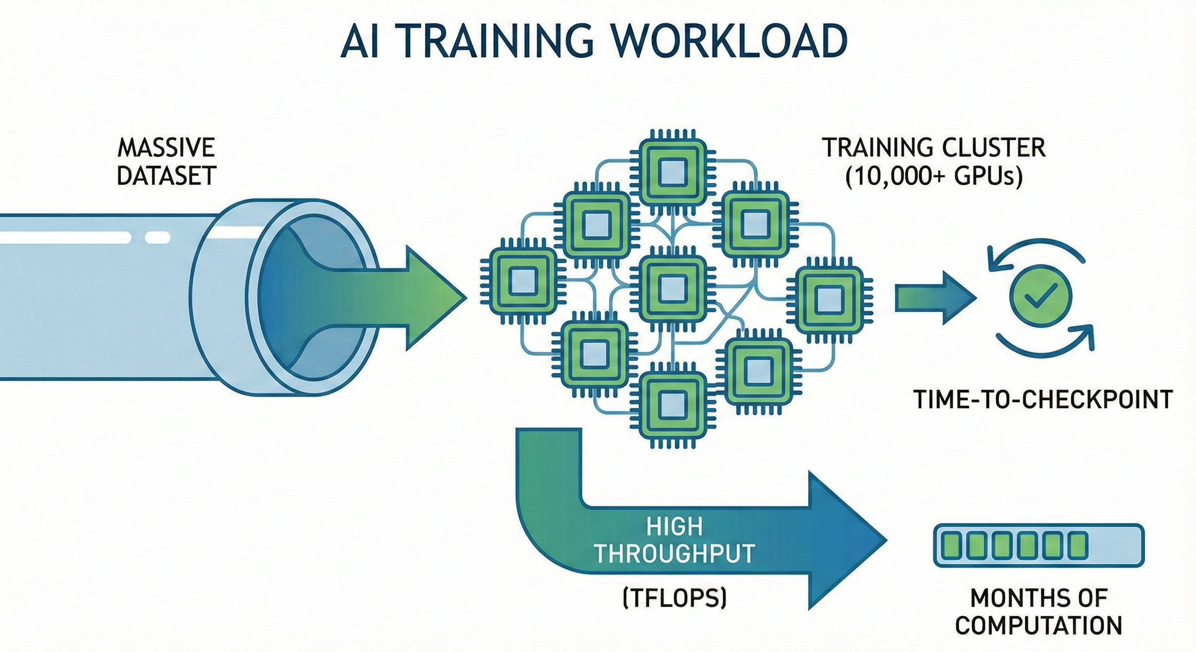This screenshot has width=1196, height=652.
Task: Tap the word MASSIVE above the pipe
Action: (x=166, y=148)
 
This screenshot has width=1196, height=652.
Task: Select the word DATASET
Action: (x=166, y=175)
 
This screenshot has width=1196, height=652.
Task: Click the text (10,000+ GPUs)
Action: (x=934, y=177)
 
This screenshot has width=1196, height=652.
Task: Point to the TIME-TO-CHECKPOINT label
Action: (x=1043, y=399)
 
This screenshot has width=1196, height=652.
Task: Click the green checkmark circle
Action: (x=1041, y=296)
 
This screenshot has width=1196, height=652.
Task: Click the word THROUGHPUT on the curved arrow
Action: (x=674, y=553)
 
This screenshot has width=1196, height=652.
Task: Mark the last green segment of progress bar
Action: (x=1078, y=546)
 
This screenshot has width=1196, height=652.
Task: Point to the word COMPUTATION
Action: (x=1038, y=625)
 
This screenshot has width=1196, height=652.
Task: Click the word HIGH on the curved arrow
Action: (x=674, y=526)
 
